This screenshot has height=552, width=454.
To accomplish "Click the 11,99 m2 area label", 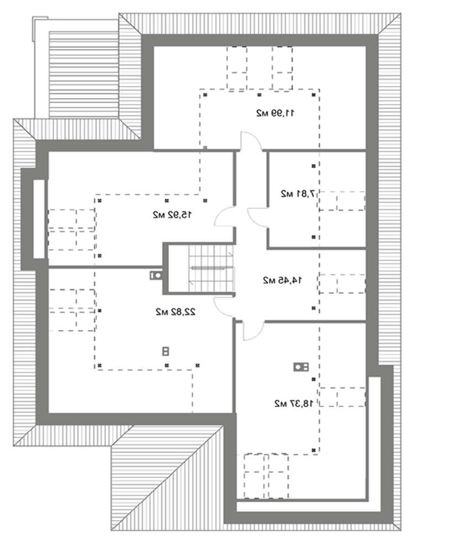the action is (x=276, y=113).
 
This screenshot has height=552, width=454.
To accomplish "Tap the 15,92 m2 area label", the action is (x=172, y=214).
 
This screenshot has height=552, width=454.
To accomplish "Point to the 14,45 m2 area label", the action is (x=282, y=280).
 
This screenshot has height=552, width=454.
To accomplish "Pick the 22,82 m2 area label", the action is (x=176, y=312).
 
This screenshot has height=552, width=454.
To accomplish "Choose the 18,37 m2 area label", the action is (x=294, y=404).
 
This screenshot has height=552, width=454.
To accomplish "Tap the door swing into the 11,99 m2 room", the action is (x=251, y=141).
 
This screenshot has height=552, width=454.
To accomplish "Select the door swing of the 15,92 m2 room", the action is (x=225, y=216).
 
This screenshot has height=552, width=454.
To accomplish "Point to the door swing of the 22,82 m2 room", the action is (x=224, y=306).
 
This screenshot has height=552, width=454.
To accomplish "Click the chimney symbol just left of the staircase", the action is (x=156, y=275).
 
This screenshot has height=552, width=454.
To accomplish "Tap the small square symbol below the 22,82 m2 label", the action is (x=166, y=351).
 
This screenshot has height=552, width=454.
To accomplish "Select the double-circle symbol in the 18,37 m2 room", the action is (x=301, y=367).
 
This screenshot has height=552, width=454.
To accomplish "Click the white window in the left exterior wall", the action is (x=39, y=219).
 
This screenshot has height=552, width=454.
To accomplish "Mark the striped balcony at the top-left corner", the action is (x=84, y=75).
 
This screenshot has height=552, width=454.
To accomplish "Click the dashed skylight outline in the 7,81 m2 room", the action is (x=342, y=201).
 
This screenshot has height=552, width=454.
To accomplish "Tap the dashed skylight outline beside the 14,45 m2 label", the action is (x=342, y=284).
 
